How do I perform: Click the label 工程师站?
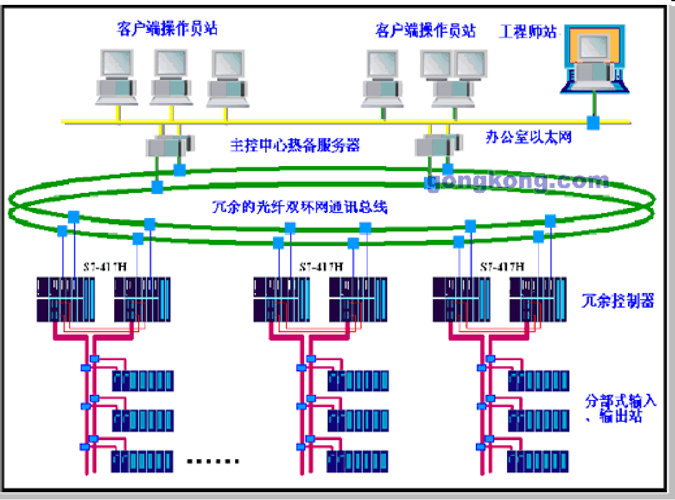528,31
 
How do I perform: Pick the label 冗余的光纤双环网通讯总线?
299,208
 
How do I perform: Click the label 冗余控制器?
618,300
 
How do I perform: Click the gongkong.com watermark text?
517,181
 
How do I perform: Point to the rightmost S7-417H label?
502,267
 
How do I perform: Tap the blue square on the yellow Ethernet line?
593,123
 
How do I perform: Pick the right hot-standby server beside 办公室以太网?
437,145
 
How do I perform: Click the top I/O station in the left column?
142,381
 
